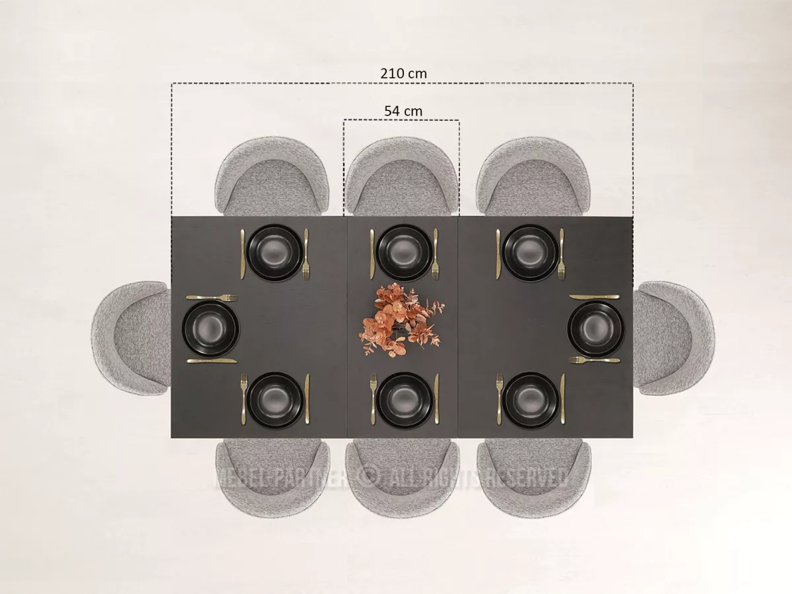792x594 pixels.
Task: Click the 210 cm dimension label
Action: pos(403,73)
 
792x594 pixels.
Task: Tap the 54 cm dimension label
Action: pos(403,111)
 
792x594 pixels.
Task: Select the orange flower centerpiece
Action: pos(401,319)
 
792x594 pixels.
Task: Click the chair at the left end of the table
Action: pos(131,337)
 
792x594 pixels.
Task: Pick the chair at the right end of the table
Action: pos(674,337)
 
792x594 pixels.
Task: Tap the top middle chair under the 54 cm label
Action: pos(402,177)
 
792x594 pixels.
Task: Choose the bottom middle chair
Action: pos(403,478)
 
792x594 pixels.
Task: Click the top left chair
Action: pos(272,177)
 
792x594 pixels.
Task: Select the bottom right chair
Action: pos(534,478)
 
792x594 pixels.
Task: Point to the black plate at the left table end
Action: pos(211,329)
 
